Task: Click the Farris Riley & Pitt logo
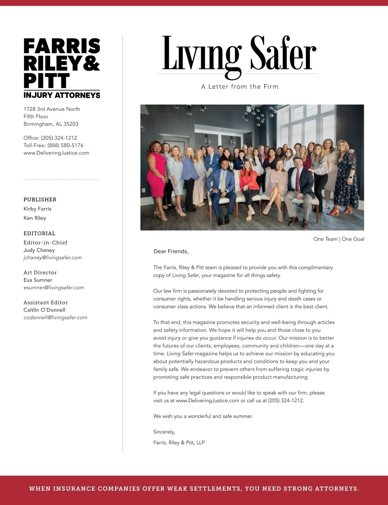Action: coord(62,68)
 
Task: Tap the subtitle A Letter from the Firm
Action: coord(240,87)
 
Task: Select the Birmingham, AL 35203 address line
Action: coord(51,124)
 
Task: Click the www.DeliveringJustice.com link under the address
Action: coord(56,153)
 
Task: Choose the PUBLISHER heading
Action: coord(40,200)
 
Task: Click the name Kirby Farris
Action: coord(38,209)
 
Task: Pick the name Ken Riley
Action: coord(35,218)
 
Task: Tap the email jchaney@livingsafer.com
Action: coord(53,258)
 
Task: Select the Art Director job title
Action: coord(40,273)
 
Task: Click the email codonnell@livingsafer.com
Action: coord(55,317)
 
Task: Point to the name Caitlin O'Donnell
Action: coord(44,310)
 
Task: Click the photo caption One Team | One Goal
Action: coord(339,239)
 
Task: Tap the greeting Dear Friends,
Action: coord(171,252)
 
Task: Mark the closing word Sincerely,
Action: coord(164,432)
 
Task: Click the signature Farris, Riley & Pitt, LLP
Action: coord(179,443)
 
